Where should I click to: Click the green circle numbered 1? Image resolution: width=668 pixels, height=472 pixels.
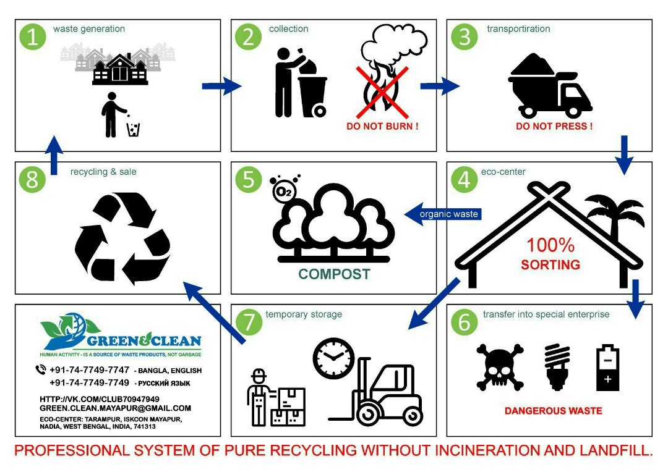(x=33, y=37)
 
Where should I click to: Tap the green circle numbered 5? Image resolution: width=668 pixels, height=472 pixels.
(x=249, y=180)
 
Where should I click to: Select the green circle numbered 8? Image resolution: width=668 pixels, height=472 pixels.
(x=33, y=180)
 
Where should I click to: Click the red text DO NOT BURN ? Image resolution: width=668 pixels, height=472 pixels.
(x=382, y=127)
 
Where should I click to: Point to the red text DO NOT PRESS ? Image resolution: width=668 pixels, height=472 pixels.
(x=554, y=127)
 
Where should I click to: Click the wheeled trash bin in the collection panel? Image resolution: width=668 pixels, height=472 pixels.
(x=313, y=95)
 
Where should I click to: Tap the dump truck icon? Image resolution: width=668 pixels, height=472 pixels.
(x=550, y=86)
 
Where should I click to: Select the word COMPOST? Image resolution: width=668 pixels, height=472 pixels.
(x=334, y=274)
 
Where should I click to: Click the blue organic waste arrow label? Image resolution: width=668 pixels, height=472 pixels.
(x=448, y=214)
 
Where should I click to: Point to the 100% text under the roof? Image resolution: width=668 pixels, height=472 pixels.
(x=550, y=245)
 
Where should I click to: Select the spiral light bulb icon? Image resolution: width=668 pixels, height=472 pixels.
(x=556, y=367)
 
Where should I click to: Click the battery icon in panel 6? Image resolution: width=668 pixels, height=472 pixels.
(x=607, y=368)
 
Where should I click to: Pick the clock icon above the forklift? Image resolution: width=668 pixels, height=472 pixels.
(x=333, y=358)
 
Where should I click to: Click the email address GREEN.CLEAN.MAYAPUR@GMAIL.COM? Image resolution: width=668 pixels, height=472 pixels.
(x=115, y=408)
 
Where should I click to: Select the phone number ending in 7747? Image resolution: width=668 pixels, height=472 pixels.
(x=89, y=370)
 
